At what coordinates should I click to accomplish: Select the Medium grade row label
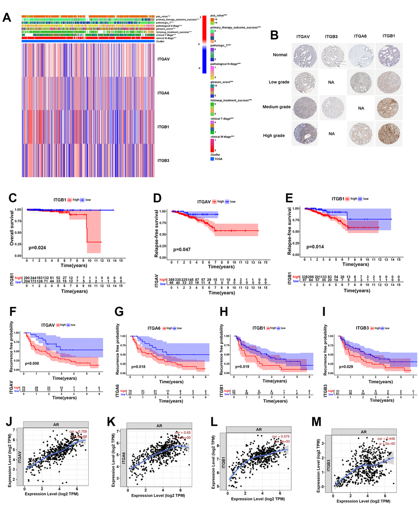(x=276, y=107)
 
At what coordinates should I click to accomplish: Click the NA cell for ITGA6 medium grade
(x=361, y=108)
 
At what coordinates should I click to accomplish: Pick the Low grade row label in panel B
(x=279, y=82)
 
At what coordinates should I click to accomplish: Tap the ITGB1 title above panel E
(x=338, y=199)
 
